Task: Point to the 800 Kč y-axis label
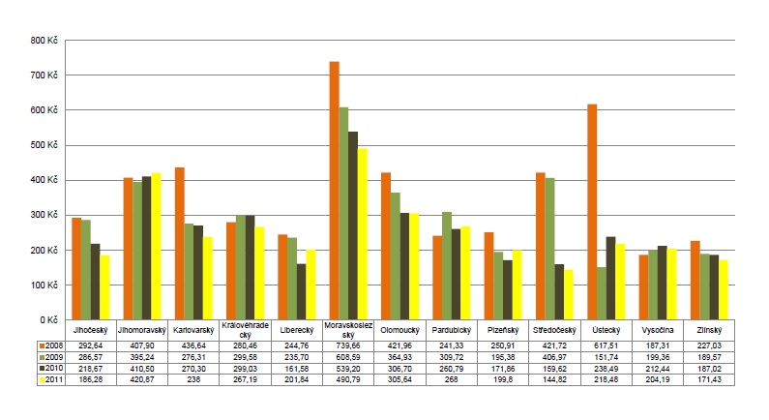click(45, 41)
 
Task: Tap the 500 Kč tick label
click(45, 145)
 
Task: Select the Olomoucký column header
click(399, 330)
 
